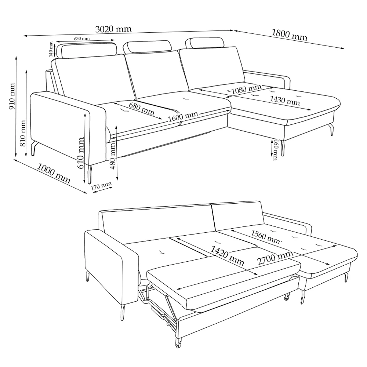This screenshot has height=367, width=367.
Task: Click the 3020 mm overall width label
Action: tap(113, 29)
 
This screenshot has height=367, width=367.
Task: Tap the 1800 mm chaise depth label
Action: tap(289, 35)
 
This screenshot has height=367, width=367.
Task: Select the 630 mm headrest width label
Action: tap(82, 38)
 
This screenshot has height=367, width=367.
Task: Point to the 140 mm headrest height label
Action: tap(51, 49)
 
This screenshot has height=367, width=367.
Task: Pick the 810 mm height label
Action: tap(22, 133)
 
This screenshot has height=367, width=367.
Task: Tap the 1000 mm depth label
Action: tap(54, 173)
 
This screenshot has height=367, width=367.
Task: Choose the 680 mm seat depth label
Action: tap(142, 109)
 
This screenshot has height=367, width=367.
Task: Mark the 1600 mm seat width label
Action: tap(183, 116)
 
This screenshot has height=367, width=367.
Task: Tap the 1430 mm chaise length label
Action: tap(285, 100)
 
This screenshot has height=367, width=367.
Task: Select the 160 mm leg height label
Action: tap(275, 150)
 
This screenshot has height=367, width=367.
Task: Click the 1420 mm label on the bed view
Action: tap(227, 255)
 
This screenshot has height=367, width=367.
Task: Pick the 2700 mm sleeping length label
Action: tap(275, 258)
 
